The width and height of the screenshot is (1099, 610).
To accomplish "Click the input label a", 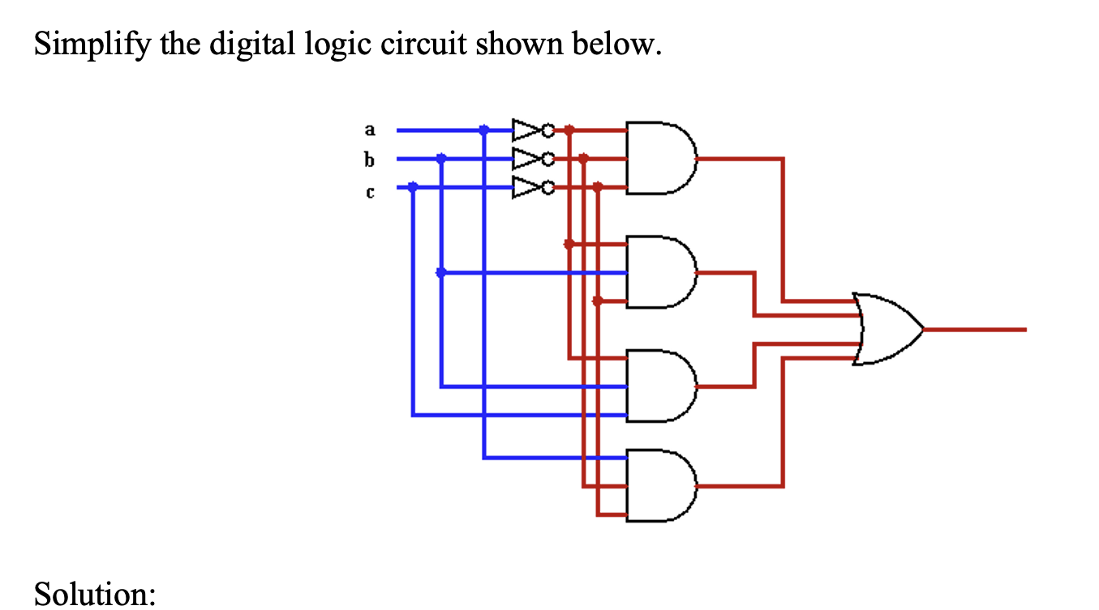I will point(371,129).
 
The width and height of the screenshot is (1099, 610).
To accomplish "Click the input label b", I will point(371,160).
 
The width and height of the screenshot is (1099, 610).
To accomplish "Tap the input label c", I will point(371,192).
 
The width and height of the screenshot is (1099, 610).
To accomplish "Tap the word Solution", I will point(94,594).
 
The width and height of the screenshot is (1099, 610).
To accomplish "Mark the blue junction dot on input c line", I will point(412,187).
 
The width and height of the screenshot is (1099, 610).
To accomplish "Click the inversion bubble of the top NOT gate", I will point(548,129).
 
